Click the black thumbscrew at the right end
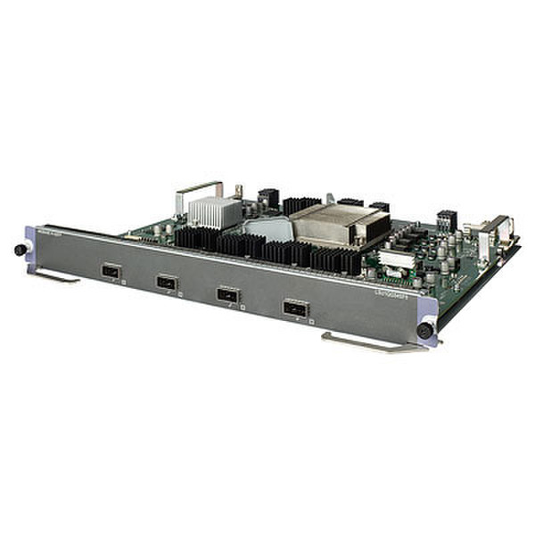tap(426, 332)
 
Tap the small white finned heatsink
tap(209, 211)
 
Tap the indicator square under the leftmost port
tap(124, 279)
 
